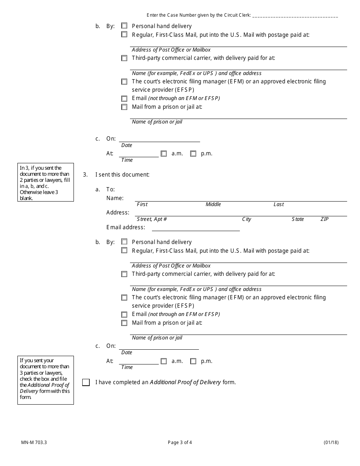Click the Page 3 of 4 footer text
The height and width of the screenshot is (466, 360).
(182, 442)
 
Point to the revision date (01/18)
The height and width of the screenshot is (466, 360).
(331, 442)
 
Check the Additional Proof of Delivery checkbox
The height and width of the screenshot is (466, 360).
(86, 382)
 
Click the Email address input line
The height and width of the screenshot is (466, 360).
(196, 227)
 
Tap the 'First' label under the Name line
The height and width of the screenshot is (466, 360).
(142, 205)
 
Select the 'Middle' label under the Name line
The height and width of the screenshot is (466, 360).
(213, 205)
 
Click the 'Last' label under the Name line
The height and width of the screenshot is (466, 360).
(279, 205)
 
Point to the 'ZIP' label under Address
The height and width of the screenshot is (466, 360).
(324, 219)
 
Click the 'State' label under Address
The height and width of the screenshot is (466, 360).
(297, 219)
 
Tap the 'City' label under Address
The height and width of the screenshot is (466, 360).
(246, 219)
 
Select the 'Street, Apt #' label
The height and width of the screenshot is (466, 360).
(152, 219)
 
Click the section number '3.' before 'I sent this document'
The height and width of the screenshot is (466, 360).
(85, 175)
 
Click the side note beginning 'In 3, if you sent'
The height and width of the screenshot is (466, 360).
(45, 183)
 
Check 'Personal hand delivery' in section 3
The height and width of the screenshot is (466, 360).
(124, 242)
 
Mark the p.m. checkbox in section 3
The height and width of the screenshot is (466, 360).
(193, 361)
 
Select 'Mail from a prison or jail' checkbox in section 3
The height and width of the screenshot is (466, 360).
(124, 323)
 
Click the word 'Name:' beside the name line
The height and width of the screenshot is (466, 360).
(115, 198)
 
